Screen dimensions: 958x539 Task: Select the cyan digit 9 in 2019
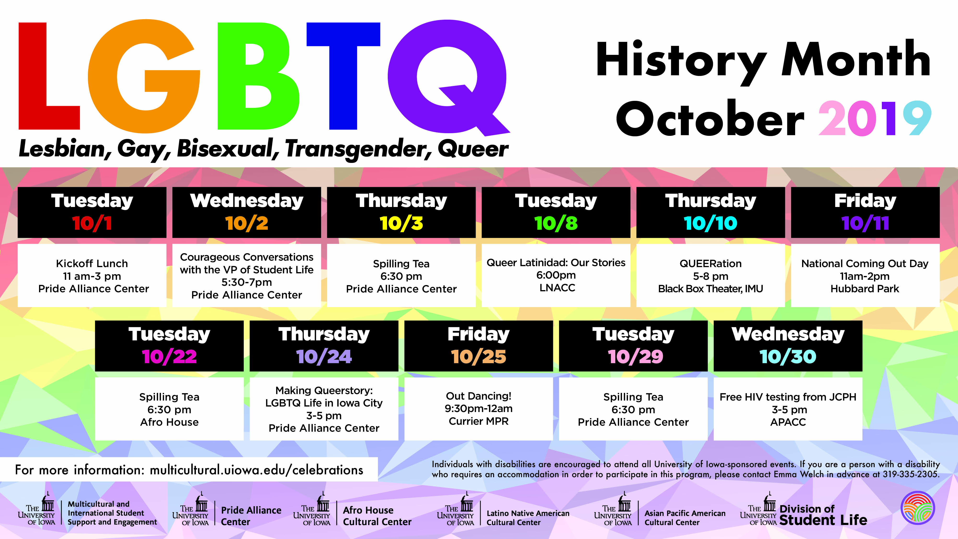tap(916, 118)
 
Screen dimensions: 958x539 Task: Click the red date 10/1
tap(92, 223)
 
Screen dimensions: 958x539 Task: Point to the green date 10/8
tap(556, 223)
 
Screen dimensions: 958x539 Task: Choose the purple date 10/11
tap(865, 223)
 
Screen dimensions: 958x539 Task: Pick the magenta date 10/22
tap(169, 356)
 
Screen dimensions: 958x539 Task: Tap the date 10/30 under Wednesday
tap(788, 356)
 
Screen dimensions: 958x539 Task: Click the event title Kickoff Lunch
tap(92, 263)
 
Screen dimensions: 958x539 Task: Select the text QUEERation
tap(710, 263)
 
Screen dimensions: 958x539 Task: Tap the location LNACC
tap(557, 287)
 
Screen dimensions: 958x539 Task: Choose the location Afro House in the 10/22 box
tap(169, 422)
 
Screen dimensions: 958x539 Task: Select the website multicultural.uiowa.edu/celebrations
tap(256, 470)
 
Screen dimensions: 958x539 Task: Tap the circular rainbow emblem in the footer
tap(918, 508)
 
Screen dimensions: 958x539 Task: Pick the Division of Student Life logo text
tap(823, 515)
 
